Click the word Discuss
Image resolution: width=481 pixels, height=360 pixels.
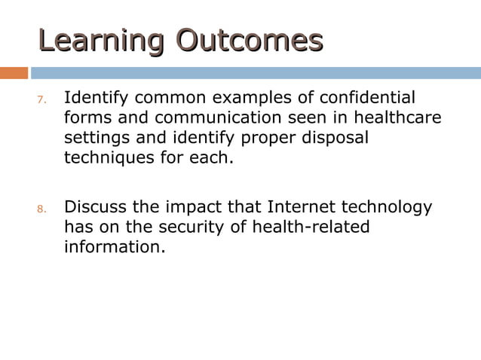(x=94, y=207)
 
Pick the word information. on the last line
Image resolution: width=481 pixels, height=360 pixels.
(x=114, y=246)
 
